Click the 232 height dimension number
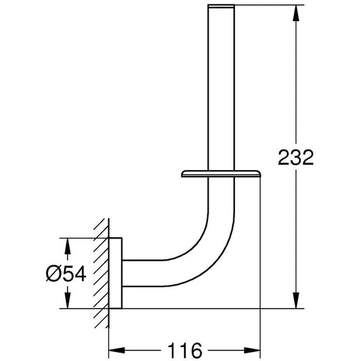pyautogui.click(x=296, y=158)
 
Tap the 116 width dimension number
pyautogui.click(x=185, y=350)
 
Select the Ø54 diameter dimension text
pyautogui.click(x=66, y=274)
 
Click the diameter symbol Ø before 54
pyautogui.click(x=54, y=274)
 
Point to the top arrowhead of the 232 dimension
pyautogui.click(x=296, y=13)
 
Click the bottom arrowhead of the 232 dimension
pyautogui.click(x=296, y=300)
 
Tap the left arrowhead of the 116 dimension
pyautogui.click(x=116, y=350)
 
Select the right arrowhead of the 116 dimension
pyautogui.click(x=252, y=350)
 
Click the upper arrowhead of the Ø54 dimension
pyautogui.click(x=67, y=246)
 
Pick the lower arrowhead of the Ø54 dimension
pyautogui.click(x=67, y=300)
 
